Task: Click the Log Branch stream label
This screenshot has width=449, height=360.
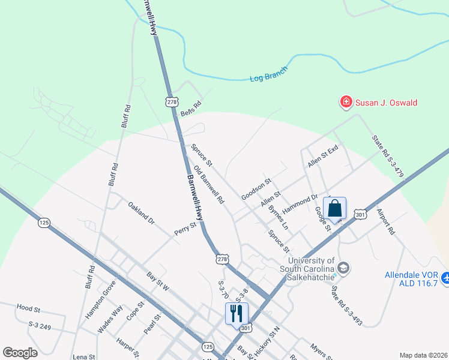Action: pyautogui.click(x=268, y=74)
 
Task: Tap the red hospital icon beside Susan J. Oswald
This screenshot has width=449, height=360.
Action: pyautogui.click(x=346, y=103)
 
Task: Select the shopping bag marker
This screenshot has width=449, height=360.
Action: pyautogui.click(x=335, y=209)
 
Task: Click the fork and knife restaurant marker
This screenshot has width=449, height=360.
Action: pyautogui.click(x=236, y=313)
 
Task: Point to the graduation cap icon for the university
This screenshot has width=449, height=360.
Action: pyautogui.click(x=343, y=267)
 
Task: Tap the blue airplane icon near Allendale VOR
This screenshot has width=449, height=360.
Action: pyautogui.click(x=445, y=278)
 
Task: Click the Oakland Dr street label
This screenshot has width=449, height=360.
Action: pyautogui.click(x=141, y=213)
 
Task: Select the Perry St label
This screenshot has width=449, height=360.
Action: pyautogui.click(x=185, y=229)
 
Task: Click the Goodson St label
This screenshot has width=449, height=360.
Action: pyautogui.click(x=256, y=188)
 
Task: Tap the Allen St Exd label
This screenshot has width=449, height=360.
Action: pyautogui.click(x=324, y=155)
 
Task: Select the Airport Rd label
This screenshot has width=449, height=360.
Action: pyautogui.click(x=385, y=221)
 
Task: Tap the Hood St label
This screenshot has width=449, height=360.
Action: pyautogui.click(x=28, y=309)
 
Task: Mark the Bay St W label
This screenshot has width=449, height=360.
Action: pyautogui.click(x=158, y=282)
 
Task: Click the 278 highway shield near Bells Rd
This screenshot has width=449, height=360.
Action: pyautogui.click(x=173, y=103)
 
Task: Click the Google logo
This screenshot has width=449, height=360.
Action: pyautogui.click(x=20, y=352)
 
